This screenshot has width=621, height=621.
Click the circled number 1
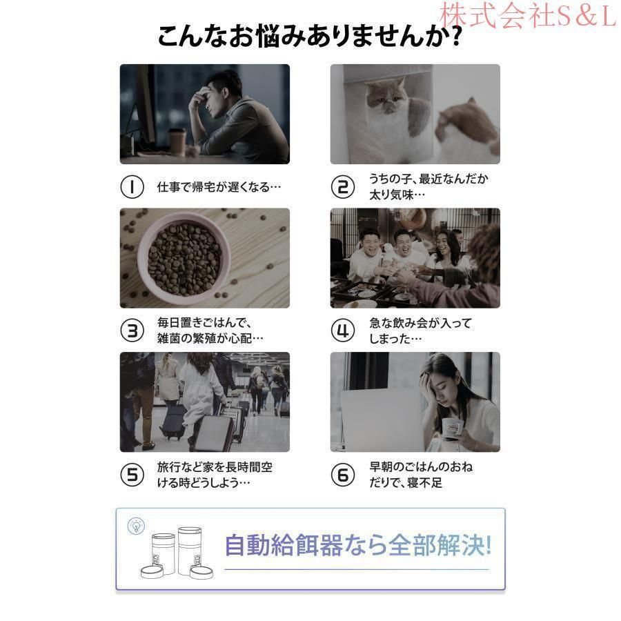[x=132, y=187]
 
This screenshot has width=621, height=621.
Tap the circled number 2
[x=342, y=187]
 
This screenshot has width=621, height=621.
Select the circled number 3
[x=132, y=331]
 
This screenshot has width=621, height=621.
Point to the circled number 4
[x=342, y=331]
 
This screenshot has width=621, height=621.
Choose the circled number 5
[x=132, y=475]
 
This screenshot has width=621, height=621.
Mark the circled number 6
[x=342, y=475]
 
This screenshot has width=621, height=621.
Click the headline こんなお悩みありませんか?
[x=310, y=37]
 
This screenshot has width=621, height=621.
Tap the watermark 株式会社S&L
[x=529, y=15]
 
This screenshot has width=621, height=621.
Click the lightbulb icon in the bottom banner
[x=136, y=526]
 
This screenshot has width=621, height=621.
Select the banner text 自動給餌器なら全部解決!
[x=358, y=545]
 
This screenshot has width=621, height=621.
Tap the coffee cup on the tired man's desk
[x=177, y=141]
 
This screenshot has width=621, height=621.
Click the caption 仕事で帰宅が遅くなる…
[x=219, y=187]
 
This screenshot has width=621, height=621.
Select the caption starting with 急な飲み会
[x=420, y=331]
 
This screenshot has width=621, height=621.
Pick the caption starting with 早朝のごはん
[x=421, y=475]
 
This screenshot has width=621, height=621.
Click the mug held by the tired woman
[x=451, y=428]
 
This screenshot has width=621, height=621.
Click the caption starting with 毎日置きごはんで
[x=210, y=331]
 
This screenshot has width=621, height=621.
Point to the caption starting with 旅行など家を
[x=215, y=475]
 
